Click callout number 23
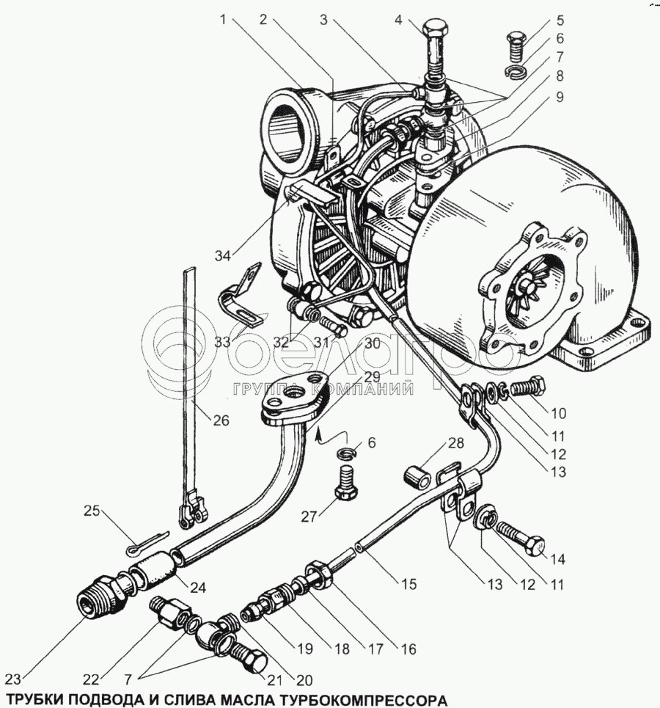point(13,679)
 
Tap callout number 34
point(222,255)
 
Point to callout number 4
point(397,21)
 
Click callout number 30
point(373,343)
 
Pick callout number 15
point(408,584)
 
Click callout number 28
point(456,443)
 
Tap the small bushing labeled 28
point(415,477)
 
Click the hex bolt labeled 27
point(347,483)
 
